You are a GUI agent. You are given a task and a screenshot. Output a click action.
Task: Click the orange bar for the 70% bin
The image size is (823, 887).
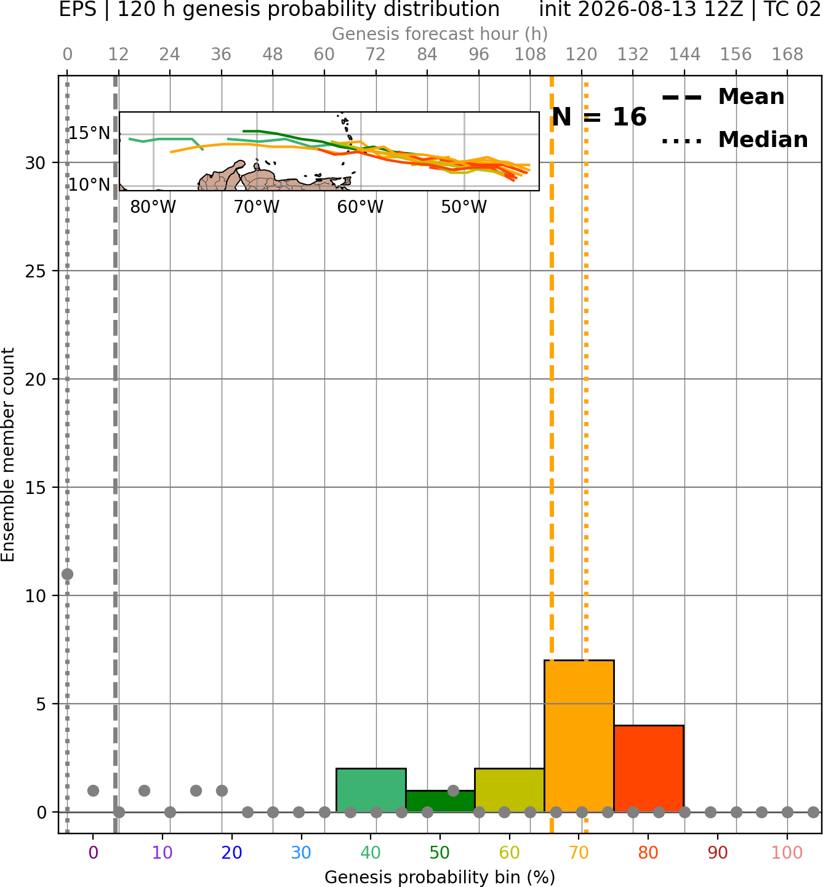coord(579,736)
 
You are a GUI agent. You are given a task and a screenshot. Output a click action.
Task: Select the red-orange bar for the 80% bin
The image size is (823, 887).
coord(649,768)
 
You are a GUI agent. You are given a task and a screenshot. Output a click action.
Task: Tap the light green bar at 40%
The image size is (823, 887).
coord(371,790)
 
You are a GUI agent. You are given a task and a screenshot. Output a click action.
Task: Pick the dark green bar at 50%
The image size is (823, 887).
coord(440,801)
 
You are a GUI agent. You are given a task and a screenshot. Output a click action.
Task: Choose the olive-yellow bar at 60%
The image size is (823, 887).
coord(510,790)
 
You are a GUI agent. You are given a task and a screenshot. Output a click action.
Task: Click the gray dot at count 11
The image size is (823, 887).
coord(68,574)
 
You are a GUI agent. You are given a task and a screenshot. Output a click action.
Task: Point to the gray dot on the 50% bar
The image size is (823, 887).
coord(453,790)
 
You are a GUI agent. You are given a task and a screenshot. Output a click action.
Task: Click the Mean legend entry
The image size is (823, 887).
coord(723,97)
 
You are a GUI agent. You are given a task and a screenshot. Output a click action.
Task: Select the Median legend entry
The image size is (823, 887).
coord(734,140)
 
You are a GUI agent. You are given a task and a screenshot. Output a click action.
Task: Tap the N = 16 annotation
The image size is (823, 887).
coord(599,117)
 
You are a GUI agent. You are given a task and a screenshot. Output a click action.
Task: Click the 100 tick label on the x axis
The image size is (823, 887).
coord(787,853)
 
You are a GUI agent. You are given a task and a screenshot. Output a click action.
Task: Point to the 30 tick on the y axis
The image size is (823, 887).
coord(35,163)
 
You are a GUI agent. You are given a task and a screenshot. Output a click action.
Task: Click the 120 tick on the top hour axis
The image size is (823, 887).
coord(581,55)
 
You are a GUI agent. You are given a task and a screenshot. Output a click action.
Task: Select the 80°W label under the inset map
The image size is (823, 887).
coord(153,207)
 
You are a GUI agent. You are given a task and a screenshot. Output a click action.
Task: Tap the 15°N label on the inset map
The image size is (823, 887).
coord(89,133)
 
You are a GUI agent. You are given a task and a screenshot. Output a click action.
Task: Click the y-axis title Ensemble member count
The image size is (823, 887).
coord(7,455)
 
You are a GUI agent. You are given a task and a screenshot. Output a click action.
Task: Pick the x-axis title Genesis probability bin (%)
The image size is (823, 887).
coord(440,877)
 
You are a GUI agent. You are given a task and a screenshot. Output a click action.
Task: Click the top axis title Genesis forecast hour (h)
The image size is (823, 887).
coord(440,34)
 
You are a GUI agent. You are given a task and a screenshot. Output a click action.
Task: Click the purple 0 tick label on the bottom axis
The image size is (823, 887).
coord(93,853)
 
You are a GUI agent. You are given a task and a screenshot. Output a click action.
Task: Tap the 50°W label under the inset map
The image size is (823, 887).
coord(464,207)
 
